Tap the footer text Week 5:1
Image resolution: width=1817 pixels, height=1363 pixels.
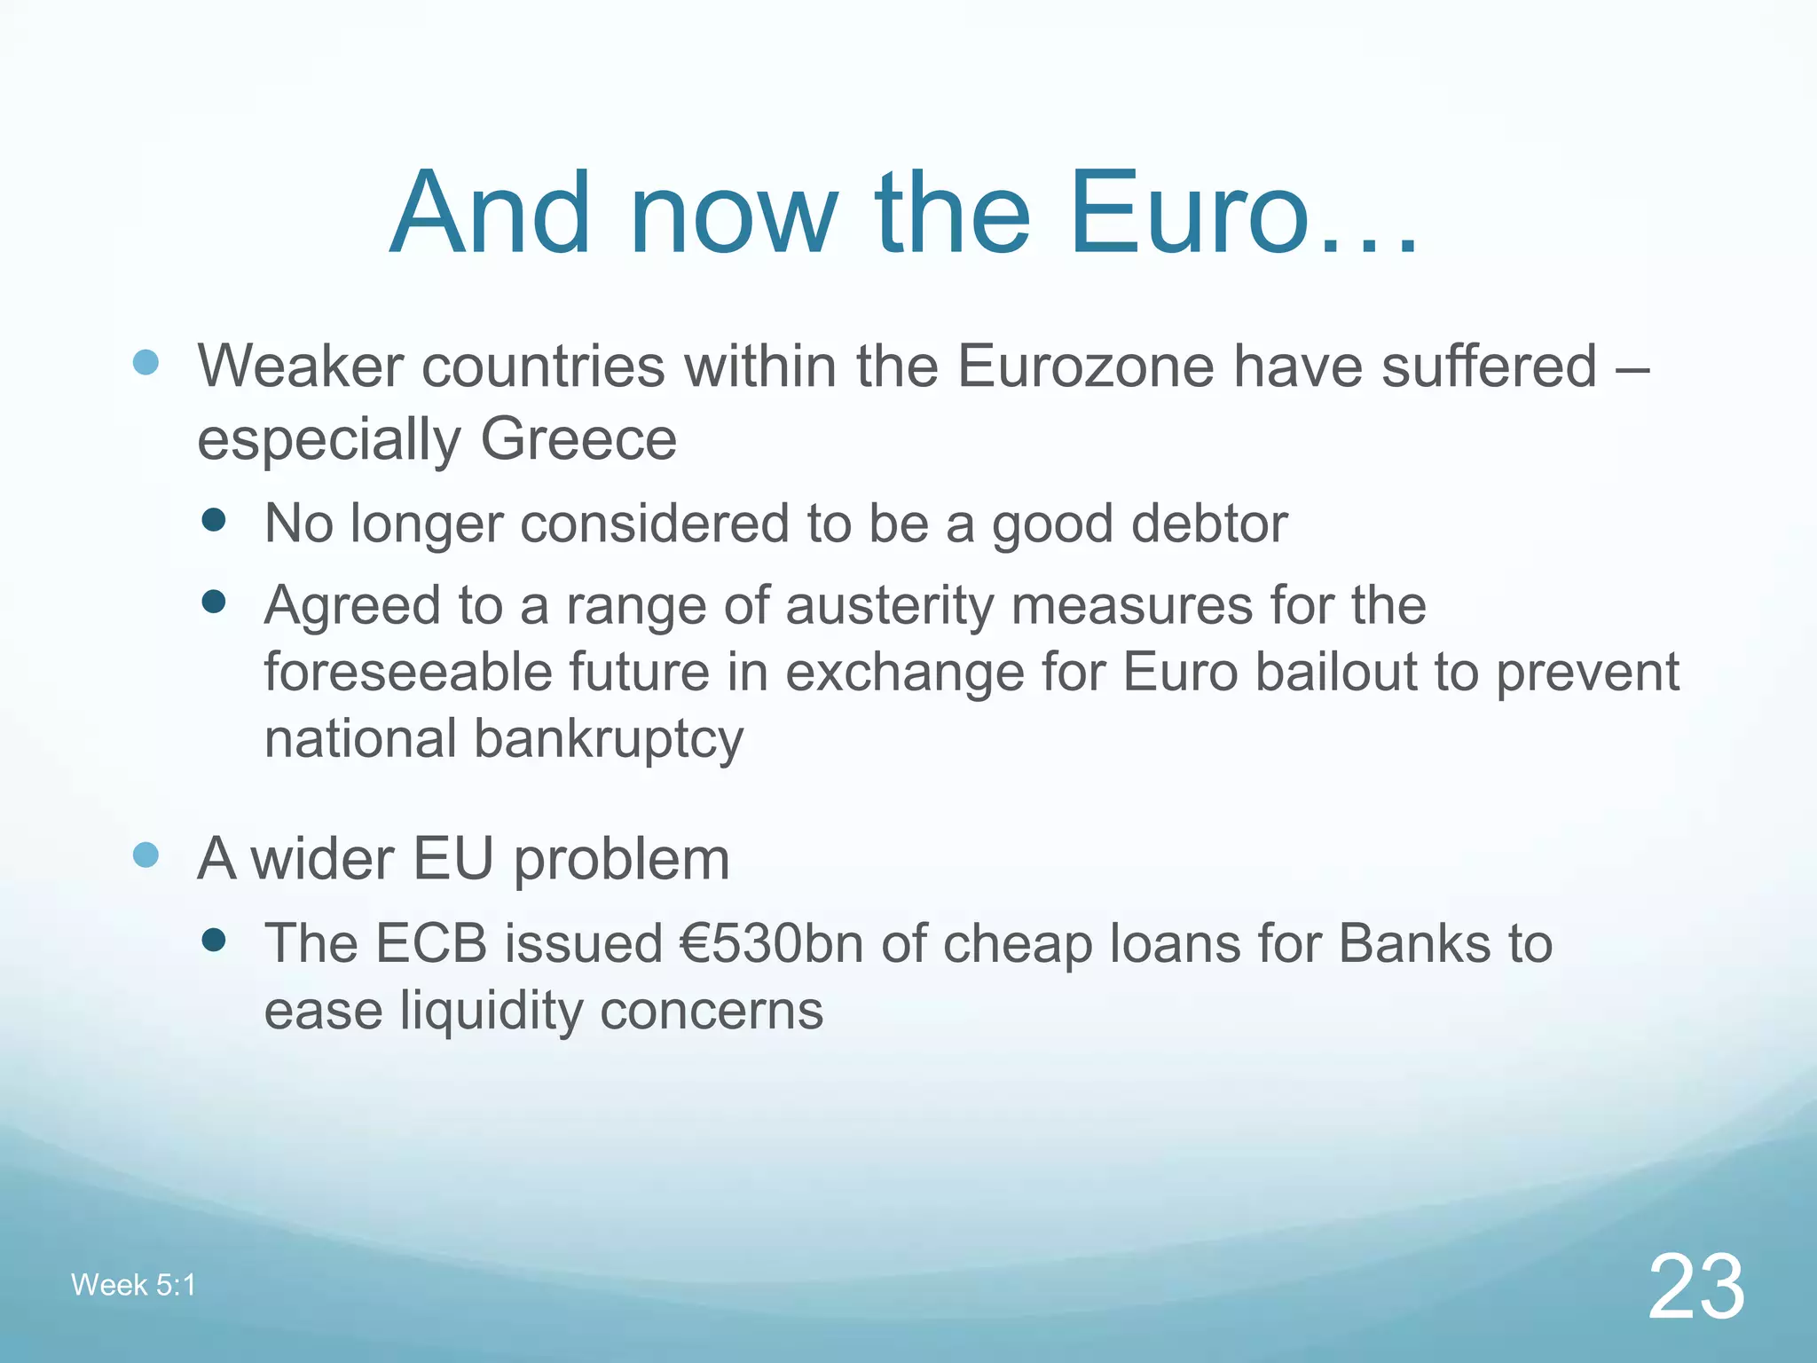[133, 1284]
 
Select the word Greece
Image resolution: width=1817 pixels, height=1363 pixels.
[578, 439]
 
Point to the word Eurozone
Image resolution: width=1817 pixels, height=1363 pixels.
[1085, 366]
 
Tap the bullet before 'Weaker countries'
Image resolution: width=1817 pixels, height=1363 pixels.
[146, 362]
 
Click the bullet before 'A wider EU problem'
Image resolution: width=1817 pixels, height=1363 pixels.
[146, 855]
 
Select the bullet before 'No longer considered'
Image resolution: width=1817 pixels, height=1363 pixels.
[213, 520]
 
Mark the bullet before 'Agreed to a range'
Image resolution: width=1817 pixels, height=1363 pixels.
[213, 603]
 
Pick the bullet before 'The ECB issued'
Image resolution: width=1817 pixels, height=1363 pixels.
[213, 940]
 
